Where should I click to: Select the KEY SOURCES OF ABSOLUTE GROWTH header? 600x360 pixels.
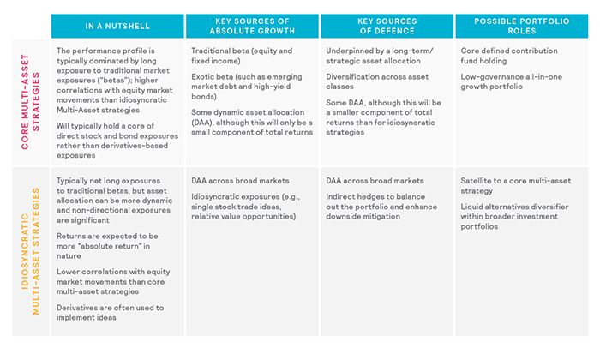(x=251, y=26)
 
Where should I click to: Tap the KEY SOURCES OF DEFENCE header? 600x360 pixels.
(x=386, y=26)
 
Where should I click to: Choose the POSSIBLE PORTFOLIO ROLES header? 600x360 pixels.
(x=520, y=26)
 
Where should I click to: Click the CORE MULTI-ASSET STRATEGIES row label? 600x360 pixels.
(x=26, y=103)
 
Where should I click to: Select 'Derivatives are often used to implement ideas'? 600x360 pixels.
(x=109, y=313)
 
